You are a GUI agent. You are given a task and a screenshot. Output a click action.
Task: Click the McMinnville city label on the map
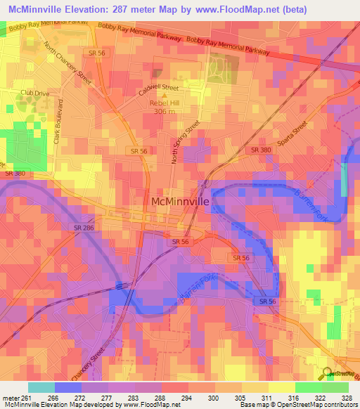point(181,201)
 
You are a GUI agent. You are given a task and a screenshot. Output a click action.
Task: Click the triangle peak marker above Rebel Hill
point(165,96)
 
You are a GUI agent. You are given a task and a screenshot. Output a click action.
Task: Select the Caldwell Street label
point(160,89)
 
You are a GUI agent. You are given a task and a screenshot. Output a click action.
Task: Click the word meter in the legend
point(8,397)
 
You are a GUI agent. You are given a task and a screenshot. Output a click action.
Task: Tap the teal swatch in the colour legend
point(41,387)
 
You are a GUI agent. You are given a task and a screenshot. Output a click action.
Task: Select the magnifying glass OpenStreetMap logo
point(326,375)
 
